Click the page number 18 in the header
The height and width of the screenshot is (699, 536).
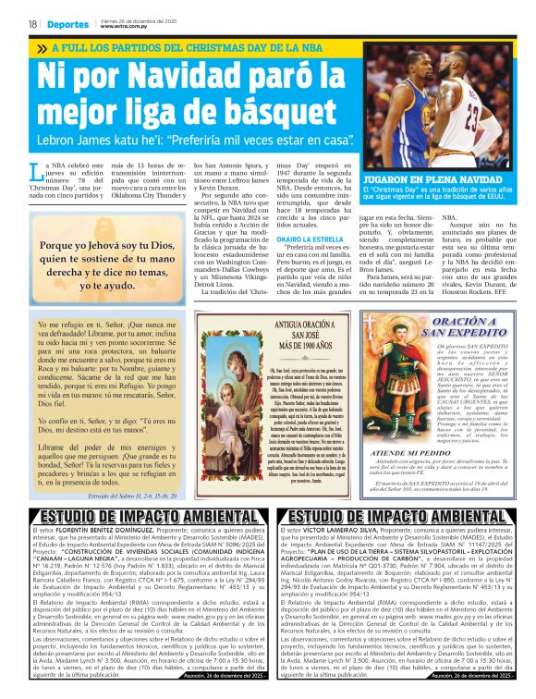coord(32,23)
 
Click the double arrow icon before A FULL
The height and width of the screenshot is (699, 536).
coord(41,48)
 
